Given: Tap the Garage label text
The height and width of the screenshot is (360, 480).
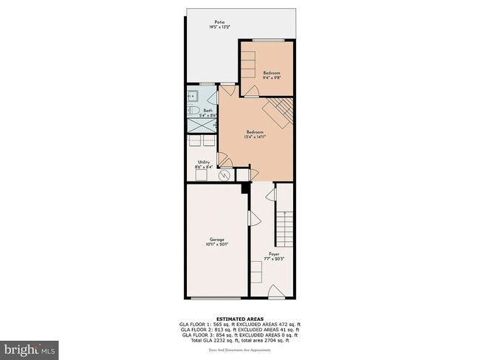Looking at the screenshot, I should click(216, 240).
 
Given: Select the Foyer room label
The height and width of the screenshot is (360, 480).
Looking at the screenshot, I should click(273, 255).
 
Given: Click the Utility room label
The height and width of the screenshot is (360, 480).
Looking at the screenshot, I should click(205, 163).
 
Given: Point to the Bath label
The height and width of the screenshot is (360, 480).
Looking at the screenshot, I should click(208, 111).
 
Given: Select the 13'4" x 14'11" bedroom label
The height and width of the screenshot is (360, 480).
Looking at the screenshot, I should click(255, 134).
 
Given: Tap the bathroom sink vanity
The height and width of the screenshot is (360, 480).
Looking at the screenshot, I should click(193, 96).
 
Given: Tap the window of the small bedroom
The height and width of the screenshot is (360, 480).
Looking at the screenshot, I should click(267, 40).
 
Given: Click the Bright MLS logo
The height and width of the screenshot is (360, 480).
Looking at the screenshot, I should click(30, 347).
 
